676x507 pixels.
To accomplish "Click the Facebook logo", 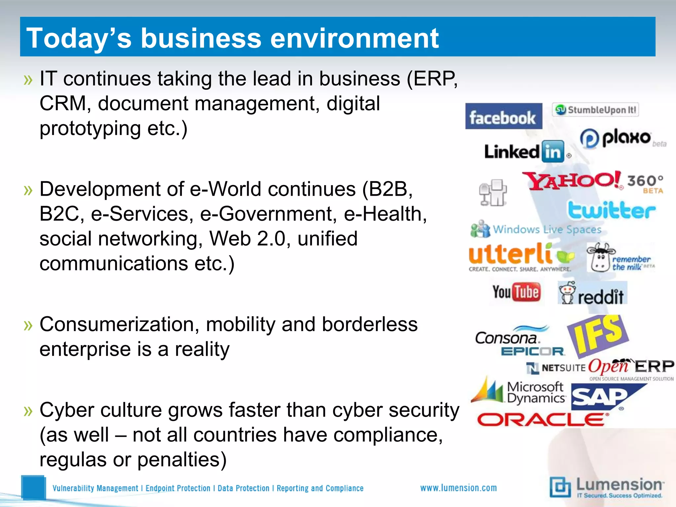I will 503,116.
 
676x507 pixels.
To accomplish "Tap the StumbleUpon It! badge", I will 595,110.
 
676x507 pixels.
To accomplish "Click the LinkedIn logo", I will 525,152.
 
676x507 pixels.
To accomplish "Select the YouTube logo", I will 516,292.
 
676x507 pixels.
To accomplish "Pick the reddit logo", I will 592,293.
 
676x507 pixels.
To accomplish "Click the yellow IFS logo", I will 598,335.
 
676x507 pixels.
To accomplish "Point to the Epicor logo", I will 532,352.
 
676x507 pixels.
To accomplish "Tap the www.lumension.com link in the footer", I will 458,488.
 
